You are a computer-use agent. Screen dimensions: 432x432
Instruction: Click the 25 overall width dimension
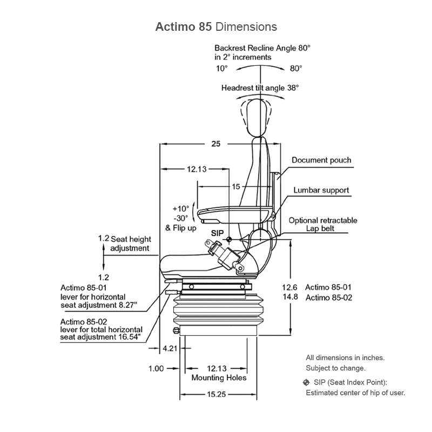pyautogui.click(x=215, y=144)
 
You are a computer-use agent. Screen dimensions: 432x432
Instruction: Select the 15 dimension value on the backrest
pyautogui.click(x=235, y=187)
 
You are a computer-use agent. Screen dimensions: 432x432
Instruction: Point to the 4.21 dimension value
pyautogui.click(x=170, y=349)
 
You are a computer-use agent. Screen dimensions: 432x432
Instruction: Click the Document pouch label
pyautogui.click(x=321, y=160)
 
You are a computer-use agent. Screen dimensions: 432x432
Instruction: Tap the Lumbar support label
pyautogui.click(x=321, y=190)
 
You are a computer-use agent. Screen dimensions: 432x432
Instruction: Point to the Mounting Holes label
pyautogui.click(x=219, y=378)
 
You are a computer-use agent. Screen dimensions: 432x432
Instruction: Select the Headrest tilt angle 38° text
pyautogui.click(x=260, y=87)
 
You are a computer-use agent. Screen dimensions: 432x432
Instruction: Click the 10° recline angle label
pyautogui.click(x=222, y=69)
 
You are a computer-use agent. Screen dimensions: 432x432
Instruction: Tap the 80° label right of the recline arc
pyautogui.click(x=296, y=69)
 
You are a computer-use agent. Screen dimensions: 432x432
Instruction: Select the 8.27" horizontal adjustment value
pyautogui.click(x=127, y=305)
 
